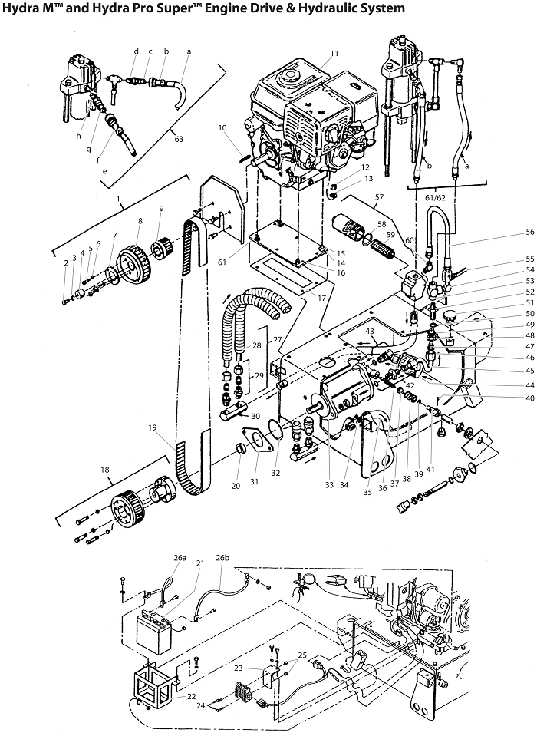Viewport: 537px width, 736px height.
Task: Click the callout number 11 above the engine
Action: (334, 53)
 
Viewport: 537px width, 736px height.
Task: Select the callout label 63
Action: (180, 140)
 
